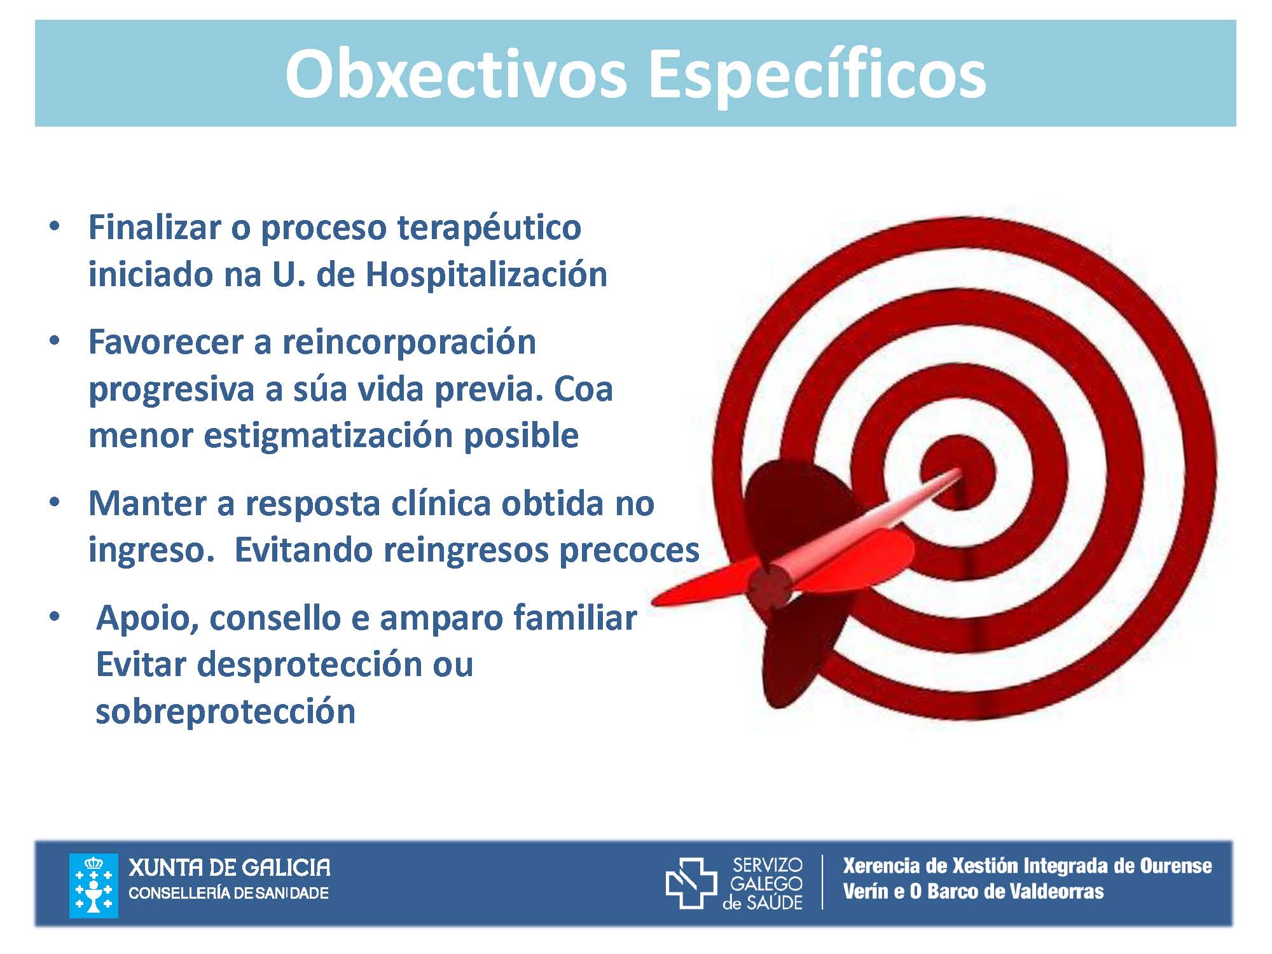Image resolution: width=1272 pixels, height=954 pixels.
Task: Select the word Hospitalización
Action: pyautogui.click(x=487, y=275)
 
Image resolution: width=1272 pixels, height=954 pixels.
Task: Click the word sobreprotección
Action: pyautogui.click(x=226, y=712)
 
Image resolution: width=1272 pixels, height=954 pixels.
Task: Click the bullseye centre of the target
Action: pyautogui.click(x=957, y=474)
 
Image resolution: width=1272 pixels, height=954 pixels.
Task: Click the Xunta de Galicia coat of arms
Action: pyautogui.click(x=93, y=885)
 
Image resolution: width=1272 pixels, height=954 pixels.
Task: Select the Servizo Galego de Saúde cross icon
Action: pyautogui.click(x=691, y=883)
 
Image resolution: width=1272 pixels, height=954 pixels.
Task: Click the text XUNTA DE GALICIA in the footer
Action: pyautogui.click(x=230, y=868)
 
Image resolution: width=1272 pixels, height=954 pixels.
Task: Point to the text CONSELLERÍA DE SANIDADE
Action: pyautogui.click(x=229, y=893)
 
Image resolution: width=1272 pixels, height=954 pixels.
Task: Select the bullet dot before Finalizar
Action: pyautogui.click(x=55, y=226)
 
